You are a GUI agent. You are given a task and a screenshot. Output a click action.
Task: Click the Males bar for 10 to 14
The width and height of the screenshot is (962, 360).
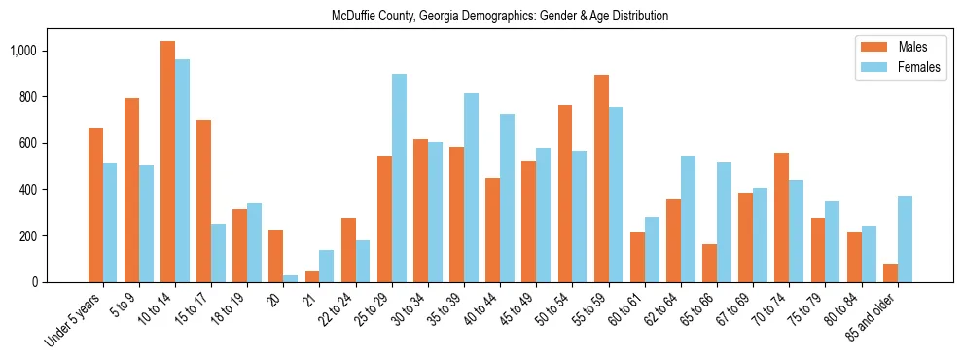167,162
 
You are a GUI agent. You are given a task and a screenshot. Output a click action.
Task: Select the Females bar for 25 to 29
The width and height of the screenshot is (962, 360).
399,178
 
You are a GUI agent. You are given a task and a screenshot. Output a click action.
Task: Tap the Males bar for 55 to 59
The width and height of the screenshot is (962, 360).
601,179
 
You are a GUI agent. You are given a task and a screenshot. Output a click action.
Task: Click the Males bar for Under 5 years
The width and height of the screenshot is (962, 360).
95,205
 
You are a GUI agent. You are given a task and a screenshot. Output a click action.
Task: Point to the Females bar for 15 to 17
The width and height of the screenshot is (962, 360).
218,253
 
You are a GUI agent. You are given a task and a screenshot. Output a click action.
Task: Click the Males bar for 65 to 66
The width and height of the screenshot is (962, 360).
709,264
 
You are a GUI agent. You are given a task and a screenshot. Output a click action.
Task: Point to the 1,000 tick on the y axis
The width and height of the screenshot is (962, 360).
43,51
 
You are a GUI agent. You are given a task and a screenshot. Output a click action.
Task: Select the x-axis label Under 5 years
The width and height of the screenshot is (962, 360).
76,322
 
